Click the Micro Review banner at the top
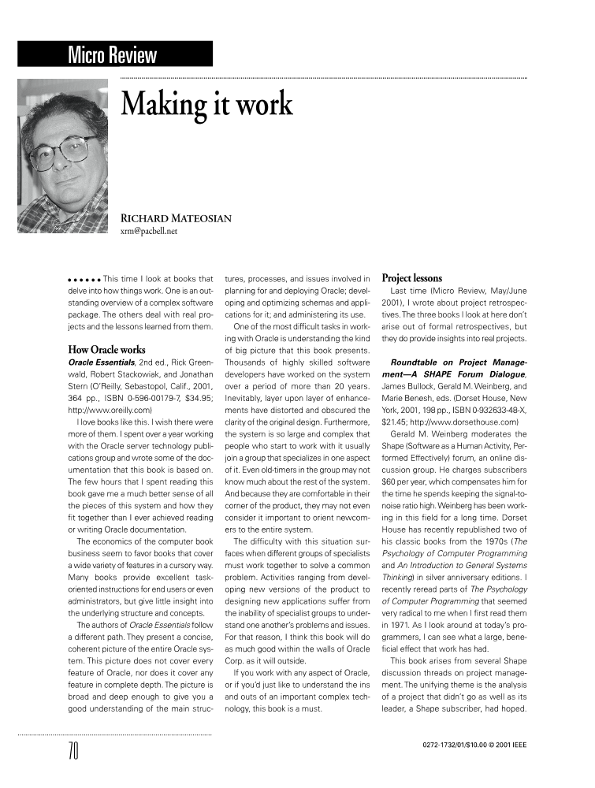[x=112, y=55]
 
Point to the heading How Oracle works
[x=106, y=349]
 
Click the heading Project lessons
[x=411, y=278]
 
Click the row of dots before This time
[x=84, y=280]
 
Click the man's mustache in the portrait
[x=73, y=174]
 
